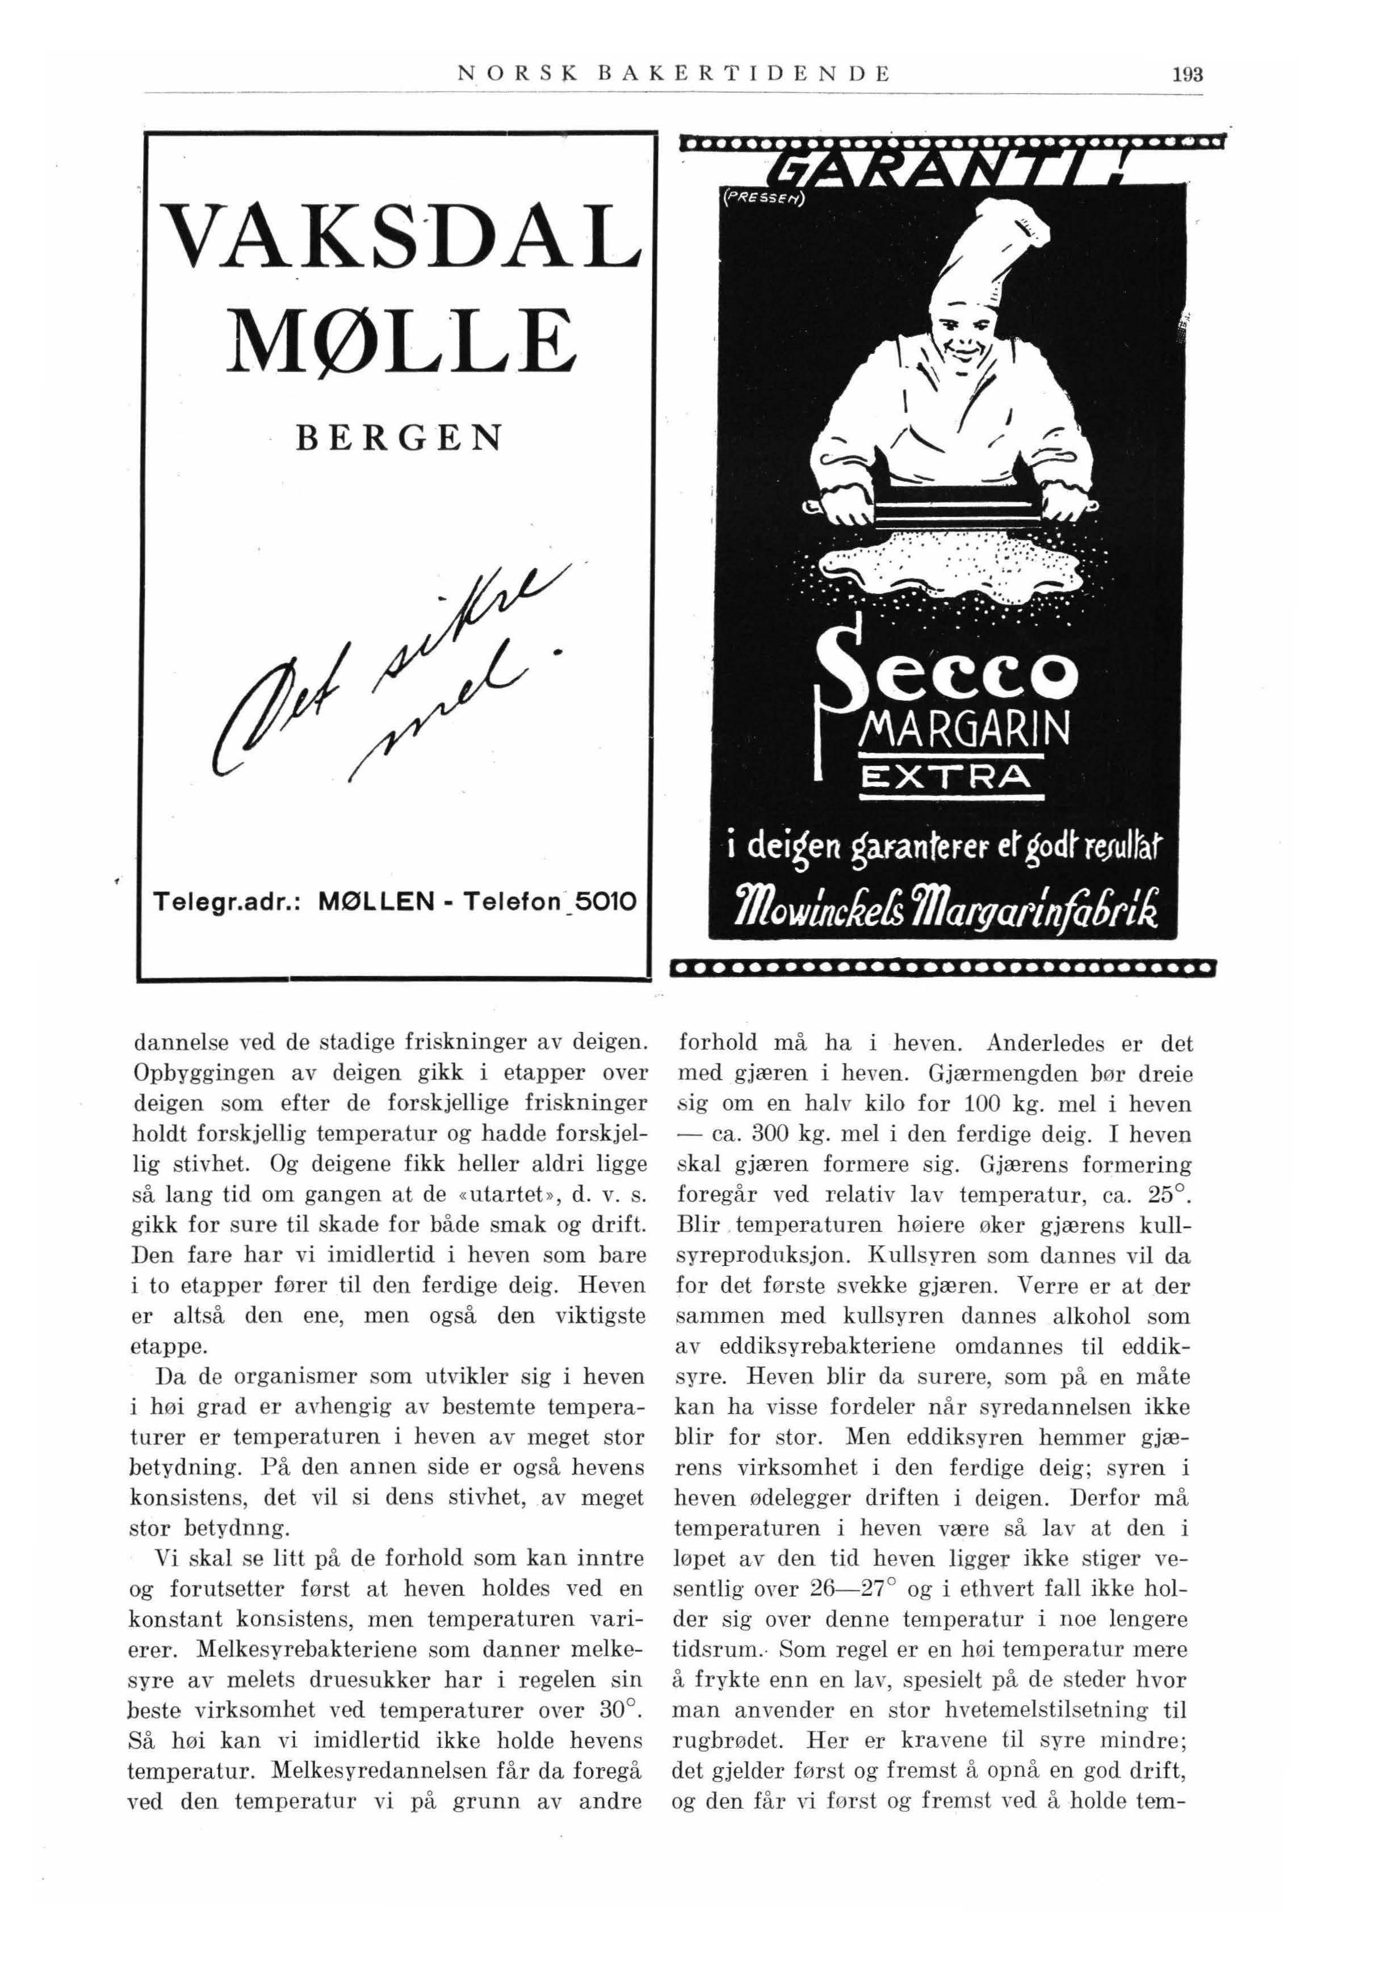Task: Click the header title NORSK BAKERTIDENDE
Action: click(x=672, y=73)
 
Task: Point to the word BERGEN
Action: click(x=397, y=438)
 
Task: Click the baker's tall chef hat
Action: click(x=989, y=258)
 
